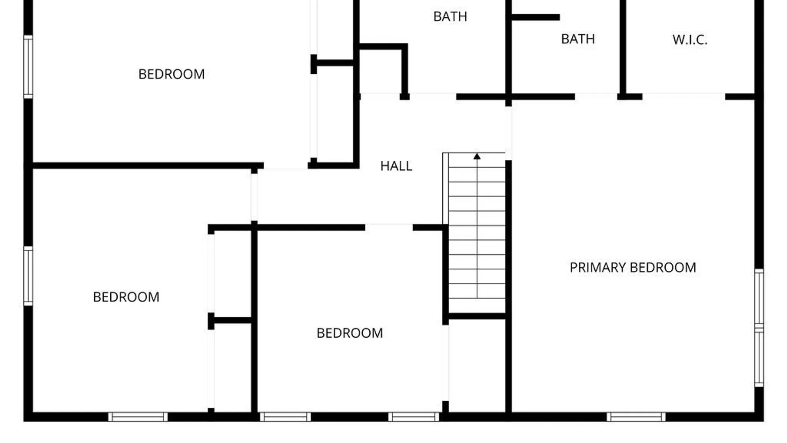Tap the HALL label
pyautogui.click(x=396, y=166)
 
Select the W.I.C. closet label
pyautogui.click(x=690, y=40)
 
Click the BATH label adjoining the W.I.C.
pyautogui.click(x=578, y=39)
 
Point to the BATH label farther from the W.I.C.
pyautogui.click(x=450, y=16)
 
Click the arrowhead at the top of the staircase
pyautogui.click(x=477, y=156)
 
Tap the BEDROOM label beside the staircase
pyautogui.click(x=350, y=333)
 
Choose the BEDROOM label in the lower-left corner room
pyautogui.click(x=126, y=297)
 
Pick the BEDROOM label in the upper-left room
pyautogui.click(x=171, y=74)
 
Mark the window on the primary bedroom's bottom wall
pyautogui.click(x=636, y=417)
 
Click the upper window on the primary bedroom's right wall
pyautogui.click(x=759, y=298)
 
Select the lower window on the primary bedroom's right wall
pyautogui.click(x=759, y=357)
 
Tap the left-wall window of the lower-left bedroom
pyautogui.click(x=28, y=276)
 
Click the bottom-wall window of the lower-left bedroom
pyautogui.click(x=138, y=417)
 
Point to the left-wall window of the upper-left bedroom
pyautogui.click(x=28, y=67)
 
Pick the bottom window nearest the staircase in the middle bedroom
pyautogui.click(x=414, y=417)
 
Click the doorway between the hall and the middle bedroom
pyautogui.click(x=389, y=227)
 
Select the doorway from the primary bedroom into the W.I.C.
pyautogui.click(x=684, y=97)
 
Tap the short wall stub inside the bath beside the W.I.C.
pyautogui.click(x=536, y=17)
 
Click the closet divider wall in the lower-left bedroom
pyautogui.click(x=230, y=320)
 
